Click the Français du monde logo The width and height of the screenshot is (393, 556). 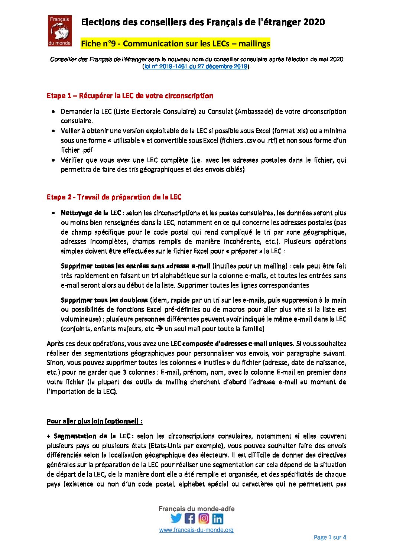[59, 31]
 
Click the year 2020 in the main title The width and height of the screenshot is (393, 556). [314, 22]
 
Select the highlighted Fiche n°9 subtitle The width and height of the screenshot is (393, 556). [175, 43]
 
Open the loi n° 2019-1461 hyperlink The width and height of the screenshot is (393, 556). [196, 66]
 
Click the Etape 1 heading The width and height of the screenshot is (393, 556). [130, 96]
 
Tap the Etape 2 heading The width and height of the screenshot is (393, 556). [114, 197]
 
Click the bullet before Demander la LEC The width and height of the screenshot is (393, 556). [54, 111]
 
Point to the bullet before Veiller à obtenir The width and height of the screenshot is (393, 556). [54, 131]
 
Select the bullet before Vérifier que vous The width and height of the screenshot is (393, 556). [54, 160]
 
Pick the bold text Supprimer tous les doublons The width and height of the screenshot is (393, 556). [104, 300]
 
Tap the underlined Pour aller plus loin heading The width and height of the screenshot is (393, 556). [94, 421]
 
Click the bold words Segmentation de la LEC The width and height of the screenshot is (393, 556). [94, 436]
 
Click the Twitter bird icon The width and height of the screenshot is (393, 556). [176, 518]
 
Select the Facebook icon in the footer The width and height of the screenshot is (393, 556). [190, 518]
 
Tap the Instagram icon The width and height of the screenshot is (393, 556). [204, 518]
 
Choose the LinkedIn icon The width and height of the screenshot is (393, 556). [218, 518]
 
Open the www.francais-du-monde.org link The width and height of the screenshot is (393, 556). [196, 530]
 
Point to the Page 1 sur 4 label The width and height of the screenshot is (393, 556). [330, 537]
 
